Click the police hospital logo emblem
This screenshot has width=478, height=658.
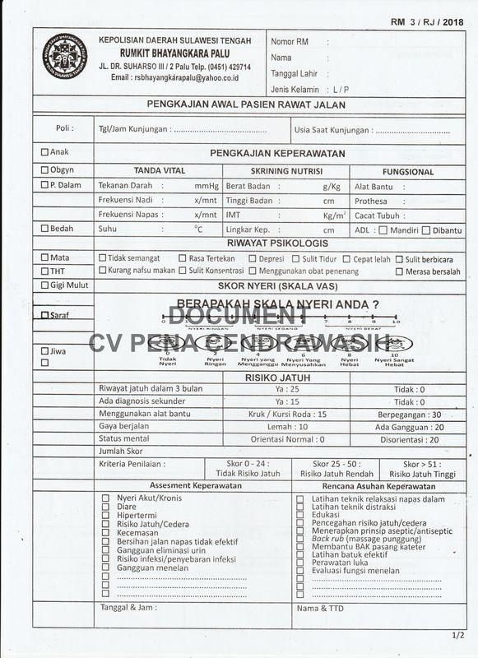tap(64, 57)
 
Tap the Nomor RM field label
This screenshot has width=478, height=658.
tap(290, 41)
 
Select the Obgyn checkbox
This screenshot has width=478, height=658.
tap(44, 169)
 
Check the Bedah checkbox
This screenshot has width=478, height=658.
tap(44, 229)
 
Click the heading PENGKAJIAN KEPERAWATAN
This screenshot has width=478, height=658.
tap(277, 153)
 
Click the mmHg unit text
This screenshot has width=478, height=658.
tap(207, 186)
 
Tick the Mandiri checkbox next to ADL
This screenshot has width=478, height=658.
tap(383, 230)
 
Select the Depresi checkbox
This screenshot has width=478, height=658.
tap(252, 258)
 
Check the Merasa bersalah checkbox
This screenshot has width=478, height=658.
tap(399, 271)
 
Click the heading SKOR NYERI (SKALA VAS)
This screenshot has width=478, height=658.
tap(277, 285)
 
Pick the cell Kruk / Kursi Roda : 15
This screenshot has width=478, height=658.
tap(287, 415)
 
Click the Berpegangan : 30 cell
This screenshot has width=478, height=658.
tap(409, 415)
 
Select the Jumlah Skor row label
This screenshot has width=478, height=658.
tap(121, 452)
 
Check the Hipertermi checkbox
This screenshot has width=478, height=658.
tap(105, 515)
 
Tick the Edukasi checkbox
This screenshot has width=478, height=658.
tap(299, 515)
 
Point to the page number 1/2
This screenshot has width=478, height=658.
tap(458, 635)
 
